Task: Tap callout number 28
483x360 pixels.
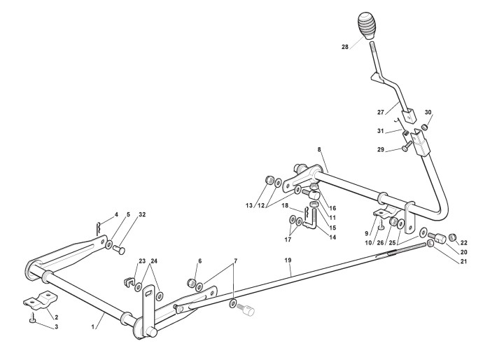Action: coord(345,48)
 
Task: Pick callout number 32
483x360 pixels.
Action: coord(143,214)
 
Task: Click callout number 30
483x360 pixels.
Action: coord(428,112)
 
